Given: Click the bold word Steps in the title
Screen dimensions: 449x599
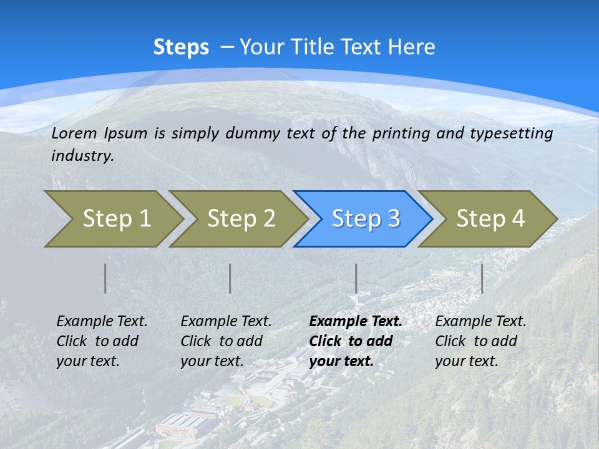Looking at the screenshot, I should point(181,47).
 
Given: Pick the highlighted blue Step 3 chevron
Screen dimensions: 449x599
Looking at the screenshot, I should point(366,219).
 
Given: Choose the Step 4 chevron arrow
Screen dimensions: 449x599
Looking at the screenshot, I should point(490,219).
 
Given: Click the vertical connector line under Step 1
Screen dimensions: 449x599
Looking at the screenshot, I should point(105,278).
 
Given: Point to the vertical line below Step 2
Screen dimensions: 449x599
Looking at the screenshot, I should point(230,278).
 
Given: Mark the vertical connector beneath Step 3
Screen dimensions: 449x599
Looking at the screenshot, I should point(356,278).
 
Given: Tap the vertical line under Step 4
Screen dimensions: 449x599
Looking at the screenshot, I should point(482,278).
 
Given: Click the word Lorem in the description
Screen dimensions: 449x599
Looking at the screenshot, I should point(74,133).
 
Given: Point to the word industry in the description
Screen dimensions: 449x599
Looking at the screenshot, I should point(82,156).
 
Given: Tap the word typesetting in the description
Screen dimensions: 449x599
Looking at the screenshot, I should point(511,133).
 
